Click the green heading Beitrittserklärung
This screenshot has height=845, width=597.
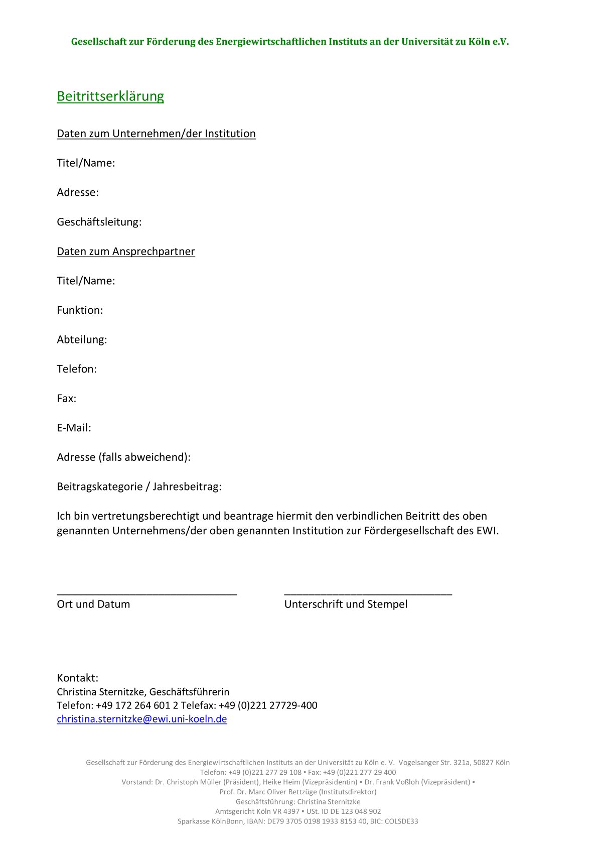110,96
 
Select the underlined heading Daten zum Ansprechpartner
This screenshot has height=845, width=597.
126,251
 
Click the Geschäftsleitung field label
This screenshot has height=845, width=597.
99,222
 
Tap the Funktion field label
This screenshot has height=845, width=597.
80,310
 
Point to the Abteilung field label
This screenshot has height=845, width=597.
82,339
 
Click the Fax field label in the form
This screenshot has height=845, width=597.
66,399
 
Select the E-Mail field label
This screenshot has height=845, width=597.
74,428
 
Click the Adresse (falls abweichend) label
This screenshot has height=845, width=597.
123,457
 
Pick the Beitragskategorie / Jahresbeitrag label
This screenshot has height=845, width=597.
139,487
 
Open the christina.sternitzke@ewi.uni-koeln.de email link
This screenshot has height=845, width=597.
141,719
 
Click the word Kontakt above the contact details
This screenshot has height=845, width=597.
77,678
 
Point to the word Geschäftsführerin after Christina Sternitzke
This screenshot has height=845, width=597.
189,692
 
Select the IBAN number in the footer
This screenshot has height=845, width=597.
317,821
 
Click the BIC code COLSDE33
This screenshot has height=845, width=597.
401,821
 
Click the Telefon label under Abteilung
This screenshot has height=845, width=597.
76,369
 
